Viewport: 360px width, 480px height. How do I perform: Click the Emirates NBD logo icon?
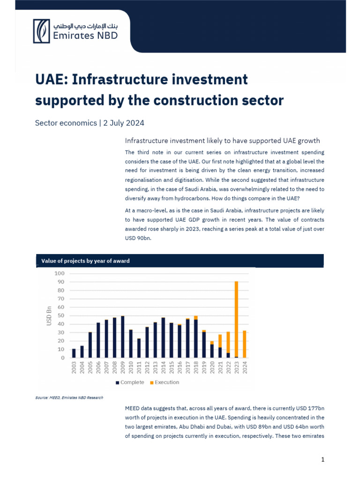[41, 31]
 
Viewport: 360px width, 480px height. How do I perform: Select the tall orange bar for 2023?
[236, 319]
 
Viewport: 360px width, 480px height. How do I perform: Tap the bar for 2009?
[122, 337]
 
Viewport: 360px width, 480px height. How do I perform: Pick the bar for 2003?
[74, 353]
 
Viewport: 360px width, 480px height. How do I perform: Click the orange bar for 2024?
[244, 344]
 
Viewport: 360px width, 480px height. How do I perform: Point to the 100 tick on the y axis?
[60, 273]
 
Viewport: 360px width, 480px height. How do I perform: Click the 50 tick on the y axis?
[61, 315]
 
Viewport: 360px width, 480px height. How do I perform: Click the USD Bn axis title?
[49, 315]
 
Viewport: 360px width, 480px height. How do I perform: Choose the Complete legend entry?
[129, 382]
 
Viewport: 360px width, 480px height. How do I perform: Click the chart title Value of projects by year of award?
[85, 261]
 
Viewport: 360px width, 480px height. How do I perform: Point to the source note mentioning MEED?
[69, 397]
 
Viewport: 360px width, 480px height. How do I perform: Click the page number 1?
[322, 459]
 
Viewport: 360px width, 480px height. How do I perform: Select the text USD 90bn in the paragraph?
[138, 237]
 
